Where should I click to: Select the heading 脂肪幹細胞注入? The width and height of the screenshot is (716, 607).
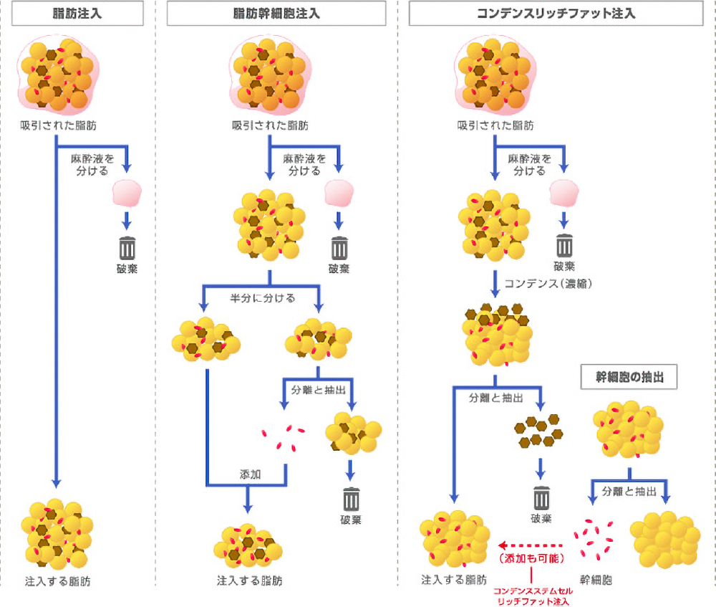click(277, 13)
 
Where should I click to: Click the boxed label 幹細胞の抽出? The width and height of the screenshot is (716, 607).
click(628, 376)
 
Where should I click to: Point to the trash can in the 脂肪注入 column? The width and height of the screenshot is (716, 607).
click(127, 248)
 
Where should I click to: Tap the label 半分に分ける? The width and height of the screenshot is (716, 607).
click(262, 297)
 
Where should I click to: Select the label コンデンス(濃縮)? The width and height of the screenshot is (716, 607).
click(549, 284)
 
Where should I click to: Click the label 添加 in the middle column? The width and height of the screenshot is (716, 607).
click(251, 476)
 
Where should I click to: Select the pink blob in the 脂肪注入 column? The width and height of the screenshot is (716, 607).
click(127, 193)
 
